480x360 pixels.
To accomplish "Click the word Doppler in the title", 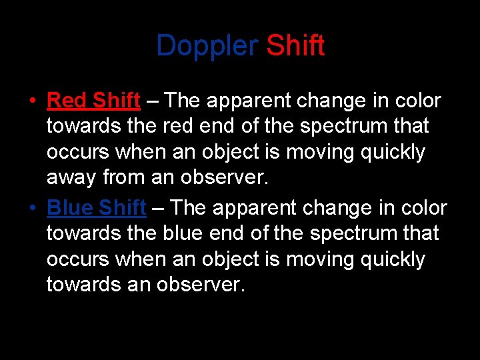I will point(207,46).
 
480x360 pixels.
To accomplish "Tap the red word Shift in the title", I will point(295,46).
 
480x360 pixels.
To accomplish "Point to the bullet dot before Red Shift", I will point(32,101).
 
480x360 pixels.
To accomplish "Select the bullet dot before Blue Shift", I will point(32,209).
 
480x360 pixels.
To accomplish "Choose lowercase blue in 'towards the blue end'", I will point(183,233).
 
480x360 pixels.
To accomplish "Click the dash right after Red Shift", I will point(152,101).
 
